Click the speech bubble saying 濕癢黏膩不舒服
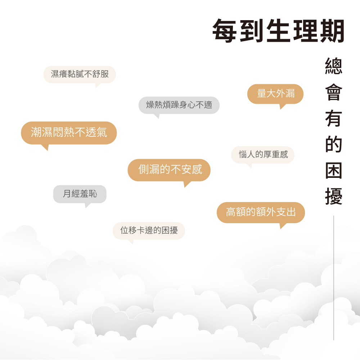pos(80,75)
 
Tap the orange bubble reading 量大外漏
pos(275,94)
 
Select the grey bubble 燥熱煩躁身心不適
pos(179,105)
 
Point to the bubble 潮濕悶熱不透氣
pos(69,132)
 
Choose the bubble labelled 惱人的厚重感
pos(263,155)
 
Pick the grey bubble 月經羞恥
pos(80,194)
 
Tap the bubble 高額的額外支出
pos(261,212)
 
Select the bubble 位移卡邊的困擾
pos(149,230)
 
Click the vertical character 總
pos(333,66)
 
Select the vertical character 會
pos(333,92)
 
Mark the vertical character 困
pos(333,171)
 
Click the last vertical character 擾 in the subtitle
pos(333,197)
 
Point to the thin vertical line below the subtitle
pos(334,277)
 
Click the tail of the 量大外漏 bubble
pos(282,106)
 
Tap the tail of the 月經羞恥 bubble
pos(86,206)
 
